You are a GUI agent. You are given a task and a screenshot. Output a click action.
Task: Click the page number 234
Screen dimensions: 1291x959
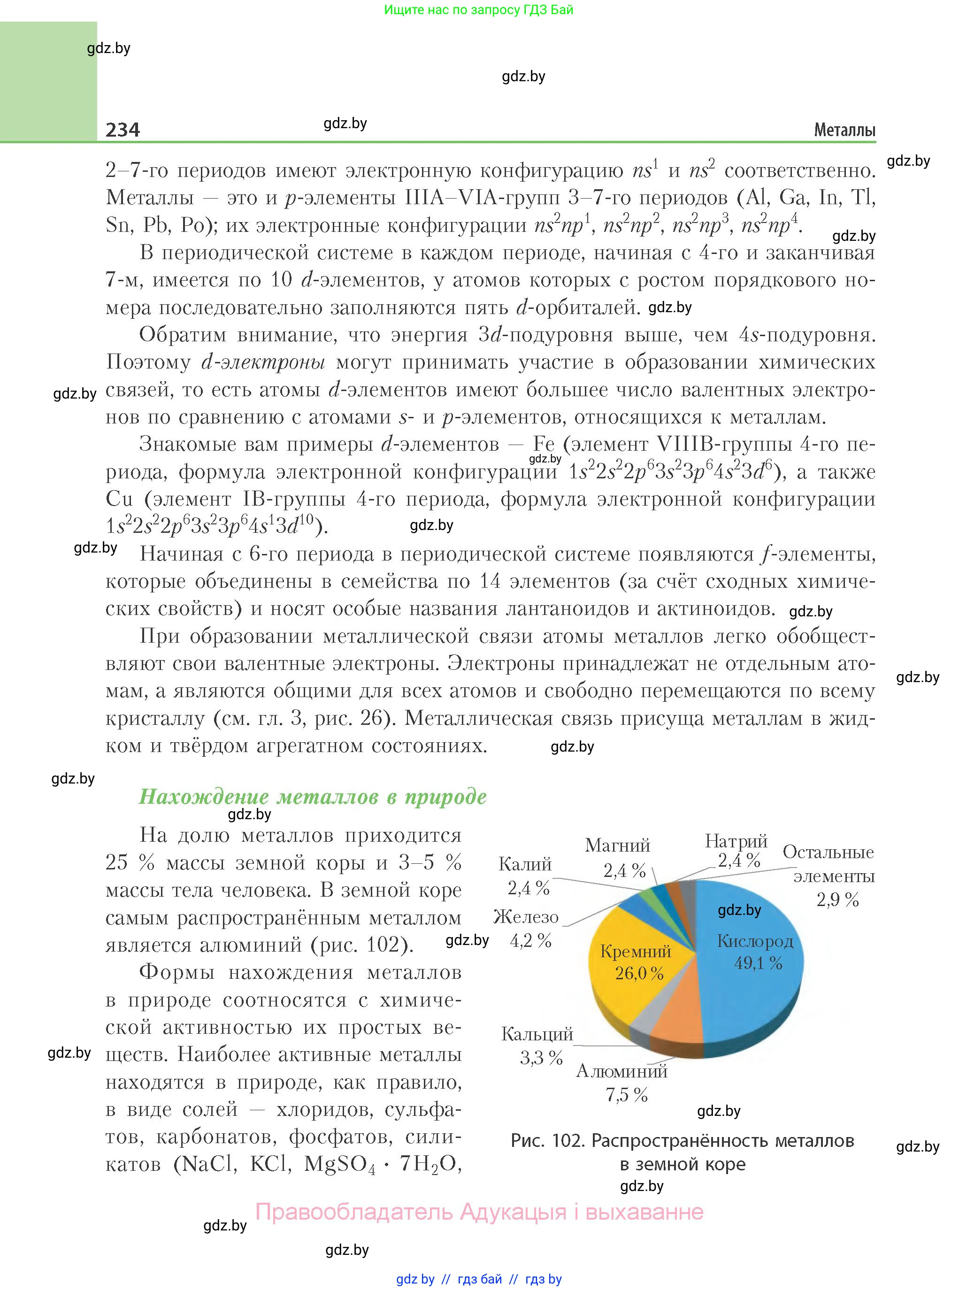123,129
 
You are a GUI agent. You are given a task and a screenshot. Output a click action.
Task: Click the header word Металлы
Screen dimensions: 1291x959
844,130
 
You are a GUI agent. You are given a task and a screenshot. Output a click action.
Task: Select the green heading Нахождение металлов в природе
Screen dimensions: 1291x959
312,796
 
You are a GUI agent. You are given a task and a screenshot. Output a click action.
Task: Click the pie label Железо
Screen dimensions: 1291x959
526,917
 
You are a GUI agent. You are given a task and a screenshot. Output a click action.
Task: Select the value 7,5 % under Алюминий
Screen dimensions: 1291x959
626,1095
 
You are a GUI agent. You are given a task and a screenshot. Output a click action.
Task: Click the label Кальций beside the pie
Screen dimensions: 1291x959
537,1034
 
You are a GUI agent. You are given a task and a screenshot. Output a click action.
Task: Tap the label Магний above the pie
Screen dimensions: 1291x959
617,845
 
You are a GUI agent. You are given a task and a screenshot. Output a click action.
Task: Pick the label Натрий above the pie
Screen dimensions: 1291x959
736,841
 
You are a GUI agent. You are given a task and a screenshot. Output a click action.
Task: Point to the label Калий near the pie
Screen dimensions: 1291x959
525,864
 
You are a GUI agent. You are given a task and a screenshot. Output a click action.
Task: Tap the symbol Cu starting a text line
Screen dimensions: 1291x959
120,499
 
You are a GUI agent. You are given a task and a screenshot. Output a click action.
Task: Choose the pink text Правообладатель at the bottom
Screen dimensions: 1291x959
353,1212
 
